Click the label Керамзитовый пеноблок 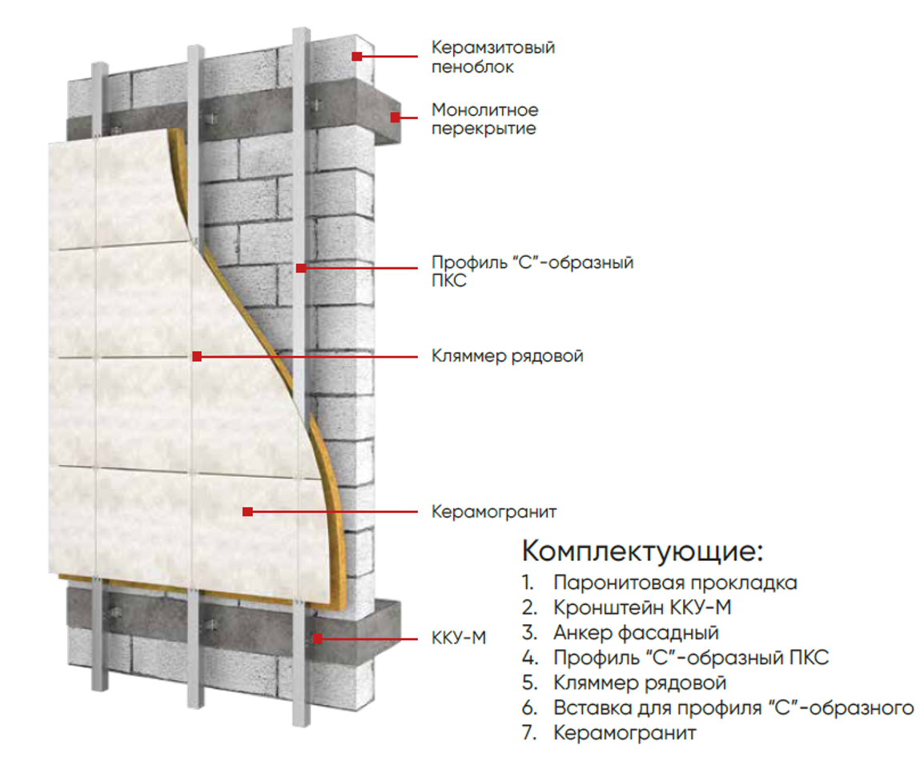click(492, 57)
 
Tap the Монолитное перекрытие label click(484, 118)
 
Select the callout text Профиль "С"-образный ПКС click(532, 271)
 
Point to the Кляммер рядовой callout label click(507, 356)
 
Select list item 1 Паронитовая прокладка click(674, 583)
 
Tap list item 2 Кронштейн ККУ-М click(641, 607)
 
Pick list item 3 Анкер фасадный click(635, 633)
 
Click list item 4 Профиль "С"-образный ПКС click(690, 658)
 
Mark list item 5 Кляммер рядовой click(639, 683)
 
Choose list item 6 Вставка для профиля click(733, 707)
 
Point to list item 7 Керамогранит click(625, 732)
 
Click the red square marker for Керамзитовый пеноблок click(357, 56)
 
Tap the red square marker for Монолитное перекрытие click(395, 118)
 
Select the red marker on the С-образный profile click(301, 268)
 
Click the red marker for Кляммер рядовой click(197, 356)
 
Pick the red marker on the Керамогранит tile click(248, 511)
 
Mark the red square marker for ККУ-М click(318, 638)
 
